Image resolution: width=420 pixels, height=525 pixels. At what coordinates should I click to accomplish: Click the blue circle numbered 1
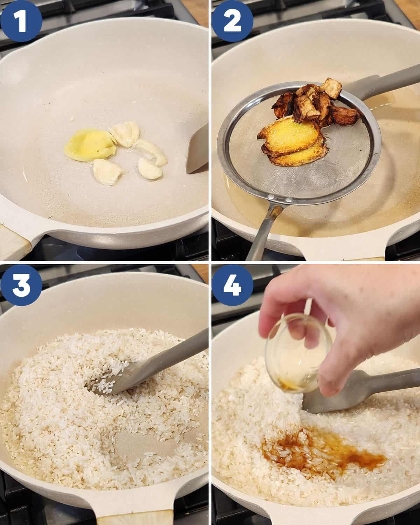click(x=21, y=21)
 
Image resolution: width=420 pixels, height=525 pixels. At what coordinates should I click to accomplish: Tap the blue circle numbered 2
click(x=232, y=21)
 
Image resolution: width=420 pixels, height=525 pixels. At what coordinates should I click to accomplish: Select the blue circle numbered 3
click(x=21, y=285)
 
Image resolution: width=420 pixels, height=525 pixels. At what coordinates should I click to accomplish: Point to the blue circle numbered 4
click(x=232, y=285)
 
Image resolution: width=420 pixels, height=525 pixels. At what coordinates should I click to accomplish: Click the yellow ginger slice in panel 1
click(x=90, y=145)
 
